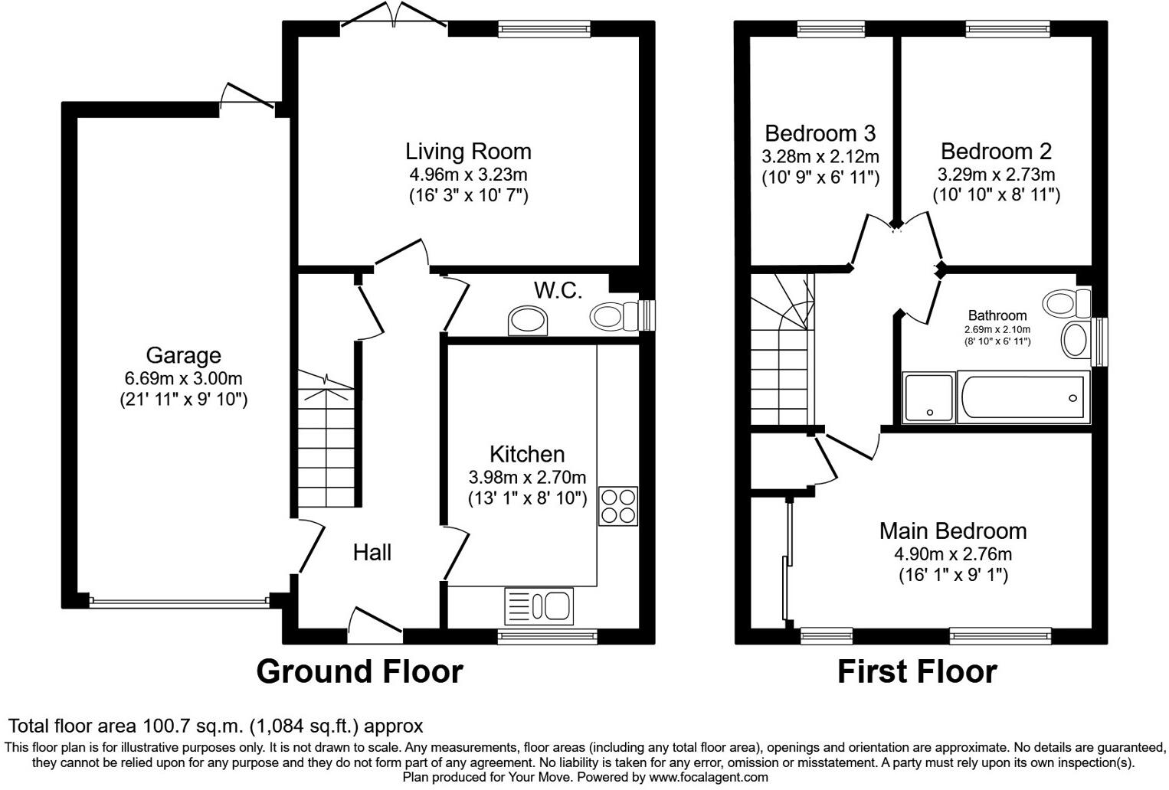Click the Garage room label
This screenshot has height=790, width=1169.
[183, 355]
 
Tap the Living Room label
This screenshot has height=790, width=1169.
[468, 152]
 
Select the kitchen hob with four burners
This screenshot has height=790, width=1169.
[617, 505]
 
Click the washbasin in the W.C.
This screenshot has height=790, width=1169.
[529, 321]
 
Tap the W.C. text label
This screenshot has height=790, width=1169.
[558, 290]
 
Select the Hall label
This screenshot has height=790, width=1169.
[372, 552]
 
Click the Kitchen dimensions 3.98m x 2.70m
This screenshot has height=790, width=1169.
[527, 478]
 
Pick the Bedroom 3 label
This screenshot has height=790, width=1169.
[820, 133]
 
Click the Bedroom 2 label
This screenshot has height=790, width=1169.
[996, 151]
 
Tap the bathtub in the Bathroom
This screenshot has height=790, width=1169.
[1023, 397]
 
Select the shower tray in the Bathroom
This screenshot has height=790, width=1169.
[929, 397]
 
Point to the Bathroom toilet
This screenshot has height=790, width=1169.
[1068, 302]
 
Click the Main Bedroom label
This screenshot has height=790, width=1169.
[953, 530]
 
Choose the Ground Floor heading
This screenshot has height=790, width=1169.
[359, 671]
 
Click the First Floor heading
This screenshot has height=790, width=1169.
[917, 671]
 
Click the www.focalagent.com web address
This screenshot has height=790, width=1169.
[708, 777]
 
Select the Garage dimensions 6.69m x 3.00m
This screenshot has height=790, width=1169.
[183, 378]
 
